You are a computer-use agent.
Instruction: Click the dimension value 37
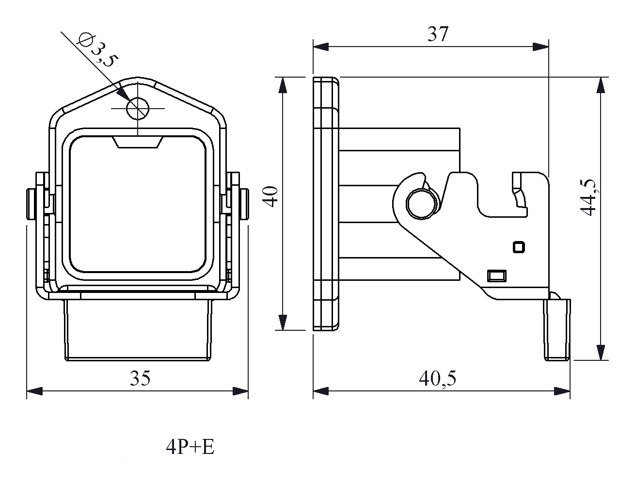point(438,33)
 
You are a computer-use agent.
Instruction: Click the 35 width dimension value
point(140,378)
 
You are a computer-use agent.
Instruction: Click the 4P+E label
point(190,447)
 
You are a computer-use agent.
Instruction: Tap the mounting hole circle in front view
point(137,108)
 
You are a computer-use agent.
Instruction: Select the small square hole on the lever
point(518,247)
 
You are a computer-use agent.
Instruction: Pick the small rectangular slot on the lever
point(496,276)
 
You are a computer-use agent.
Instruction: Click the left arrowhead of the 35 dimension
point(34,391)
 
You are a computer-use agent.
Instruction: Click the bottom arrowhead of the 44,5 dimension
point(601,352)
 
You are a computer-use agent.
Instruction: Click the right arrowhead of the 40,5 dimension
point(562,391)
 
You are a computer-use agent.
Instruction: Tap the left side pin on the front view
point(32,204)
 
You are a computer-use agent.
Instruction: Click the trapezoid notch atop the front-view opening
point(137,143)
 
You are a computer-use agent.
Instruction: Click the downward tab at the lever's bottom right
point(557,330)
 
